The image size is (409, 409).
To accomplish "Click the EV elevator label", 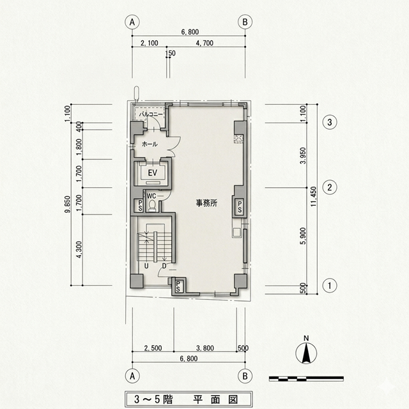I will (x=153, y=173).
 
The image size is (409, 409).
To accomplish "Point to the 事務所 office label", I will (x=206, y=203).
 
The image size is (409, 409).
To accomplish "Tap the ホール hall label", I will (x=150, y=144).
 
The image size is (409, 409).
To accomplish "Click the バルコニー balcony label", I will (x=151, y=114).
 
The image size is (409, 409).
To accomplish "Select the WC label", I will (x=152, y=196).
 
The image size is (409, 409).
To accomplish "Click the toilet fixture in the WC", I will (x=153, y=205).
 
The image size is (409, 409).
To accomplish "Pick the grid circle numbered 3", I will (x=330, y=121).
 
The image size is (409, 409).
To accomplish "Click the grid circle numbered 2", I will (x=330, y=187).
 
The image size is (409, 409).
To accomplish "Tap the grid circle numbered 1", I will (x=330, y=285).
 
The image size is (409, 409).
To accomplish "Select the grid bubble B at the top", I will (x=245, y=21).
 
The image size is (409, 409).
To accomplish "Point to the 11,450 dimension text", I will (x=313, y=196).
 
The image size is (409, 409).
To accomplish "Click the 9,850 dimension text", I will (x=67, y=206).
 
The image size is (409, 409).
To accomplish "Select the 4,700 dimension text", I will (x=206, y=44).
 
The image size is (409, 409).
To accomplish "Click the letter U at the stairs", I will (x=146, y=266).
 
